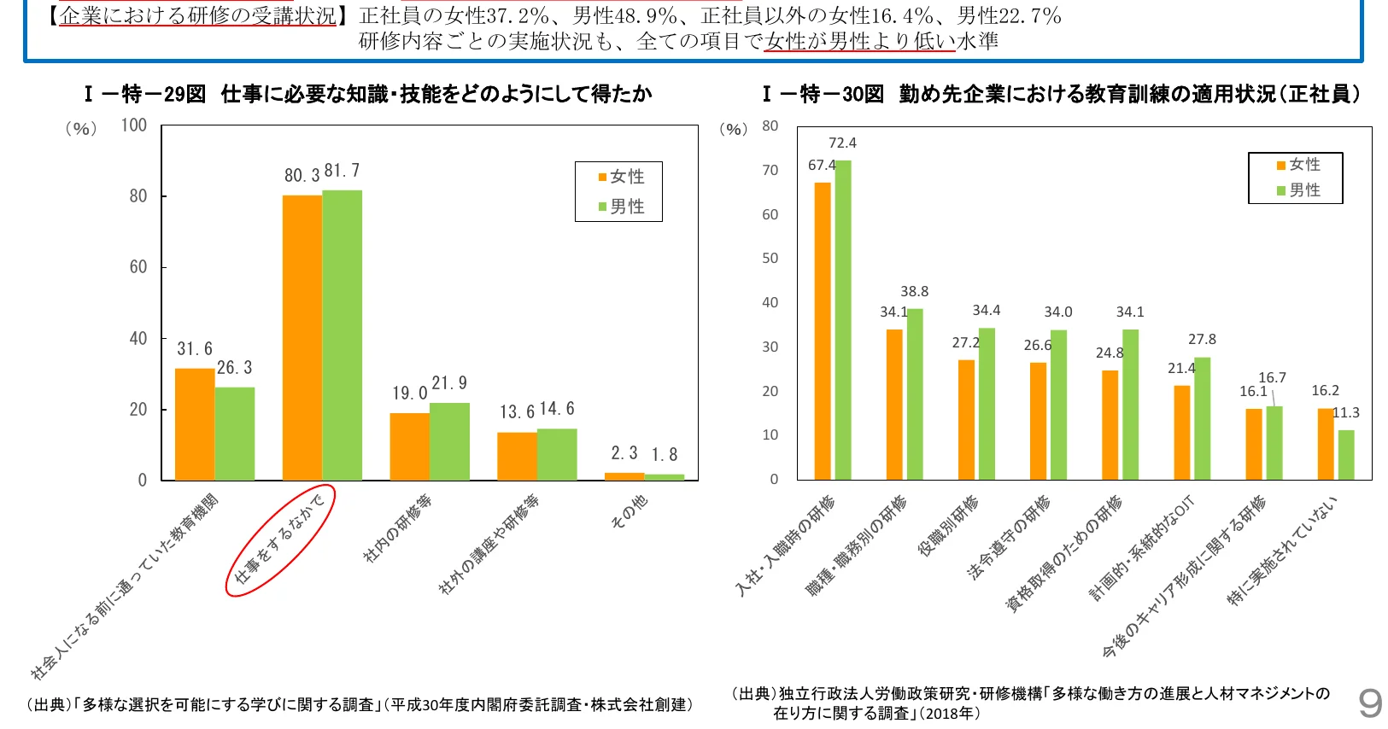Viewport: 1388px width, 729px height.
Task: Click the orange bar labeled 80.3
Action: click(302, 337)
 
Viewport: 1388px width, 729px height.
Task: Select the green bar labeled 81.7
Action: click(342, 335)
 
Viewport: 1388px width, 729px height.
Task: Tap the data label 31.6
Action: click(195, 349)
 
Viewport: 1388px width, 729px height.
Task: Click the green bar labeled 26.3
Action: click(235, 433)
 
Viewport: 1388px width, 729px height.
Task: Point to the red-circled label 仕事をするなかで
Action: click(280, 539)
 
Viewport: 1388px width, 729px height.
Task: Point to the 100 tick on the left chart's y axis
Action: click(134, 125)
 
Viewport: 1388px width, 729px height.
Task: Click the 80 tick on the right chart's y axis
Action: click(770, 126)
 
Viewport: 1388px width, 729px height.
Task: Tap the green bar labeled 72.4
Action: click(843, 319)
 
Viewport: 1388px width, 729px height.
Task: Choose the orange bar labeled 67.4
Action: click(822, 330)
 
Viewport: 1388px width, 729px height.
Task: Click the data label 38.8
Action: click(914, 292)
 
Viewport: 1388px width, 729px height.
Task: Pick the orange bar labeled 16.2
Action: click(1325, 444)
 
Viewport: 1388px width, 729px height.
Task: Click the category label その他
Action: click(630, 511)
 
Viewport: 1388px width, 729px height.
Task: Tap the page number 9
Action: click(1370, 703)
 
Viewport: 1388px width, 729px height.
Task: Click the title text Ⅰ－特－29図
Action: click(146, 94)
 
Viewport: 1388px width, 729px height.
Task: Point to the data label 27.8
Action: click(1202, 340)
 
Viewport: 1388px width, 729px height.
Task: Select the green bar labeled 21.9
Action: click(449, 440)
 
